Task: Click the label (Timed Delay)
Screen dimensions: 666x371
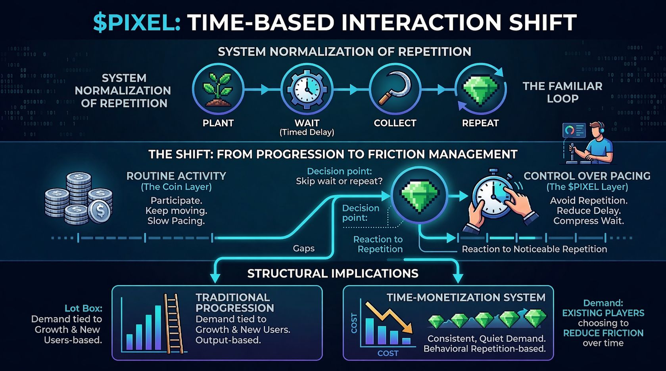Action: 307,132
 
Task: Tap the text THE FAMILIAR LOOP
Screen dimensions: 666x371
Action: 562,92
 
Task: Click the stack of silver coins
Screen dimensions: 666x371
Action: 79,198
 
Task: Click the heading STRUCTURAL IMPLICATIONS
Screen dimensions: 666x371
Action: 332,274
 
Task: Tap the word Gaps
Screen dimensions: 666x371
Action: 303,248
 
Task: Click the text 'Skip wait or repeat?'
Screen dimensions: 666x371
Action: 339,181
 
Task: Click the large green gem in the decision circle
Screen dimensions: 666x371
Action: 419,195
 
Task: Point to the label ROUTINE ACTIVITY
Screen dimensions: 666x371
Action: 176,176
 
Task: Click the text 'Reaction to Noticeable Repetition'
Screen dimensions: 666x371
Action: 534,249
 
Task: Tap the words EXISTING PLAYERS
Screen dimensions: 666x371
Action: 603,313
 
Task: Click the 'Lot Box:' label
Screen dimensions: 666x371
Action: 83,308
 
